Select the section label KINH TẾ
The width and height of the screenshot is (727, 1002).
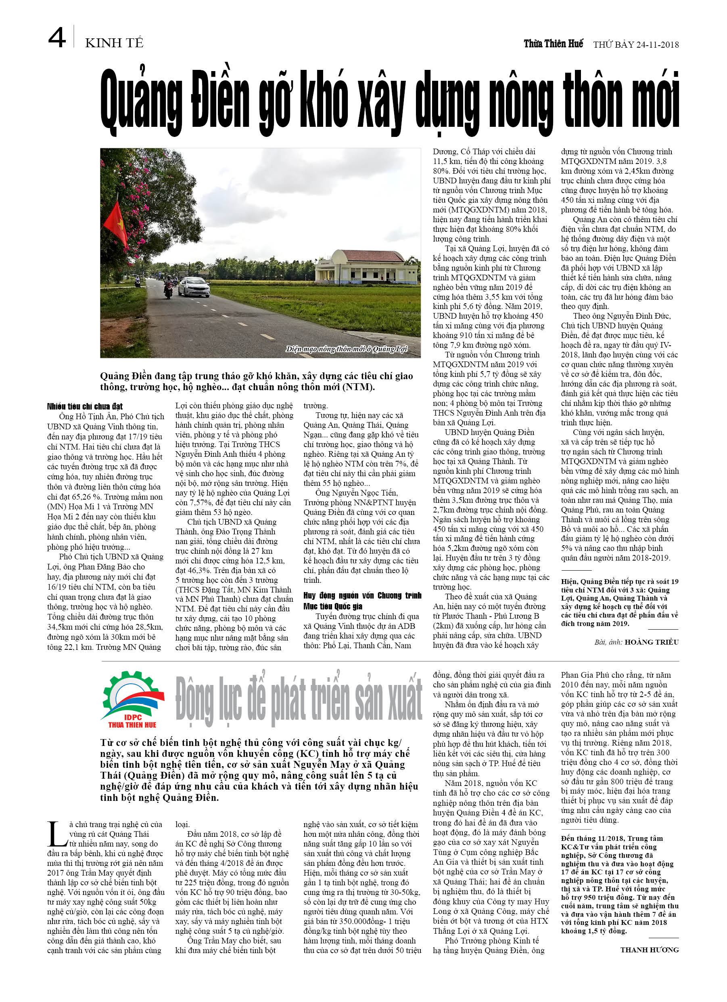click(114, 43)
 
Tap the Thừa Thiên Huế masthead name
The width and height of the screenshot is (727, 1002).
click(553, 43)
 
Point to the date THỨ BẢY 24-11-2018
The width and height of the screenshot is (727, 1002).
click(636, 44)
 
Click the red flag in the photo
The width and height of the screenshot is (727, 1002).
click(116, 224)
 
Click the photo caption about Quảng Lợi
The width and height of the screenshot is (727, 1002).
click(347, 349)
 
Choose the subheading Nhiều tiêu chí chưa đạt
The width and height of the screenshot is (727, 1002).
click(85, 406)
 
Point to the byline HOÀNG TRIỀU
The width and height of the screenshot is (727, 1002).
click(651, 642)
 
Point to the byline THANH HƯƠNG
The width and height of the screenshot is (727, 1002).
click(649, 949)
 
